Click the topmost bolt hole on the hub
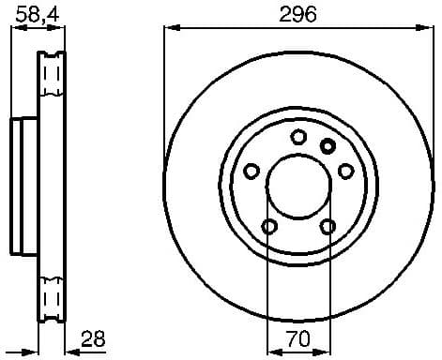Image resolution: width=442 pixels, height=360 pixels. click(x=298, y=137)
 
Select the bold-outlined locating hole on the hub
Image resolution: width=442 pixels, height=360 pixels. click(x=328, y=145)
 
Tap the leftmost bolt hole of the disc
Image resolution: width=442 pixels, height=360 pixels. click(x=251, y=171)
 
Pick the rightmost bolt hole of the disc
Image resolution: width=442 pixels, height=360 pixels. click(x=345, y=171)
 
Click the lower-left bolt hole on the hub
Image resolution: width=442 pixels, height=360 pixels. click(x=269, y=226)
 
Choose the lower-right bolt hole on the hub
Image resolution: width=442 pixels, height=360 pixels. click(x=328, y=226)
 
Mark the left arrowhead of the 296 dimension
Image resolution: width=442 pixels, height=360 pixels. click(x=170, y=27)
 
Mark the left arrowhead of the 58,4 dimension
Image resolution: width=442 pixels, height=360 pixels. click(x=14, y=27)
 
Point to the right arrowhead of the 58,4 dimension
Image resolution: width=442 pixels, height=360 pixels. click(x=63, y=27)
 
